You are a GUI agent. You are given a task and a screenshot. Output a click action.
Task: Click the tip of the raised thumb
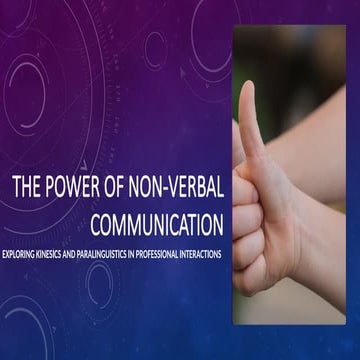247,88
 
